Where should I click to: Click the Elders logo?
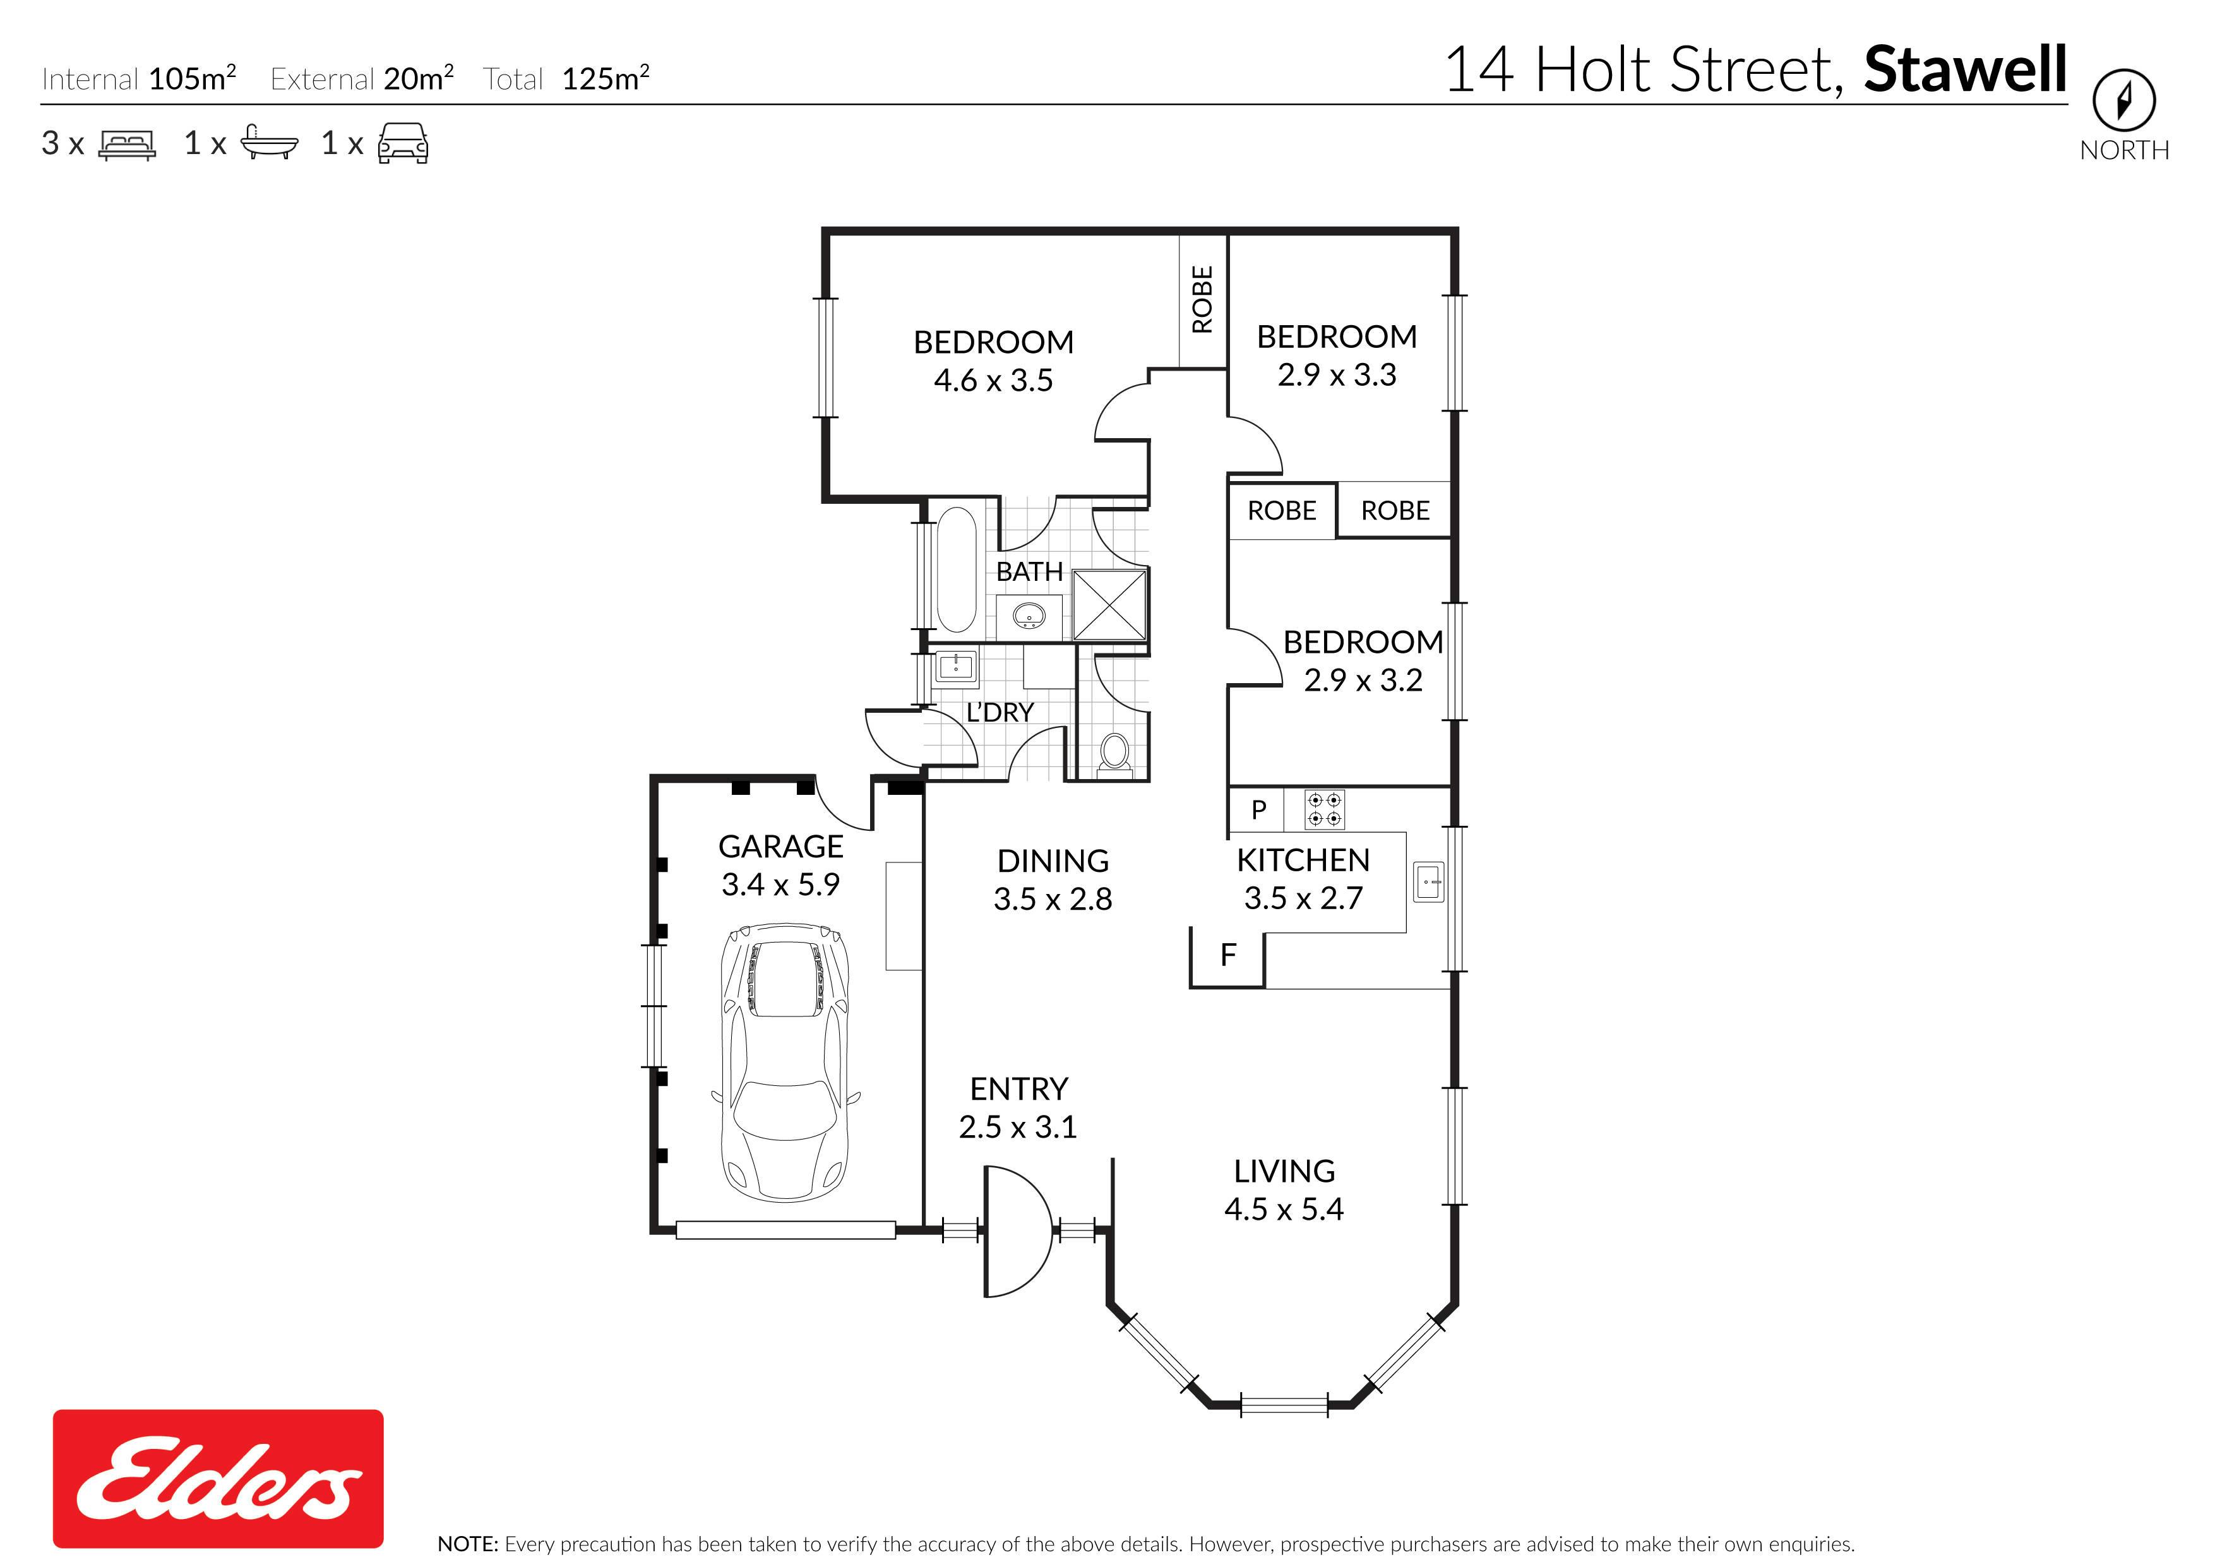(x=218, y=1478)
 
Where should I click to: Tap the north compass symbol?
(x=2123, y=100)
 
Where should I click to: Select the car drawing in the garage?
(x=786, y=1061)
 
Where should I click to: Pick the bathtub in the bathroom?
(x=956, y=569)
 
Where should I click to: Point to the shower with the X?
(x=1109, y=605)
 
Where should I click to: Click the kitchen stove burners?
(x=1323, y=809)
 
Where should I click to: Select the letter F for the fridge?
(x=1228, y=955)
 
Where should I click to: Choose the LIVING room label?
(x=1284, y=1171)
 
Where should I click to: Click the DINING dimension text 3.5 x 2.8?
(x=1053, y=899)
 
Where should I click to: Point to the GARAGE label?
(x=780, y=846)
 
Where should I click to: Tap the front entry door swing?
(x=1017, y=1231)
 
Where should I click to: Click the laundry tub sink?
(x=956, y=665)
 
